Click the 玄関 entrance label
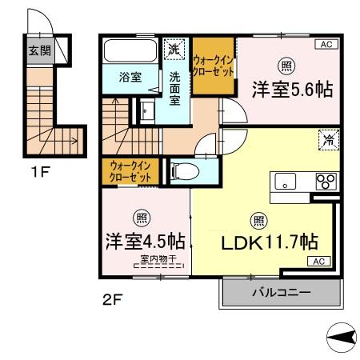(x=38, y=50)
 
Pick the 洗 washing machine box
(x=174, y=50)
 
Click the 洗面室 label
(x=175, y=89)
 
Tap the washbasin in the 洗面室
(x=146, y=110)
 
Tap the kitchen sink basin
(x=285, y=181)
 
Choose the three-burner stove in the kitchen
(x=326, y=180)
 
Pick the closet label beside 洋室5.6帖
(x=214, y=66)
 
